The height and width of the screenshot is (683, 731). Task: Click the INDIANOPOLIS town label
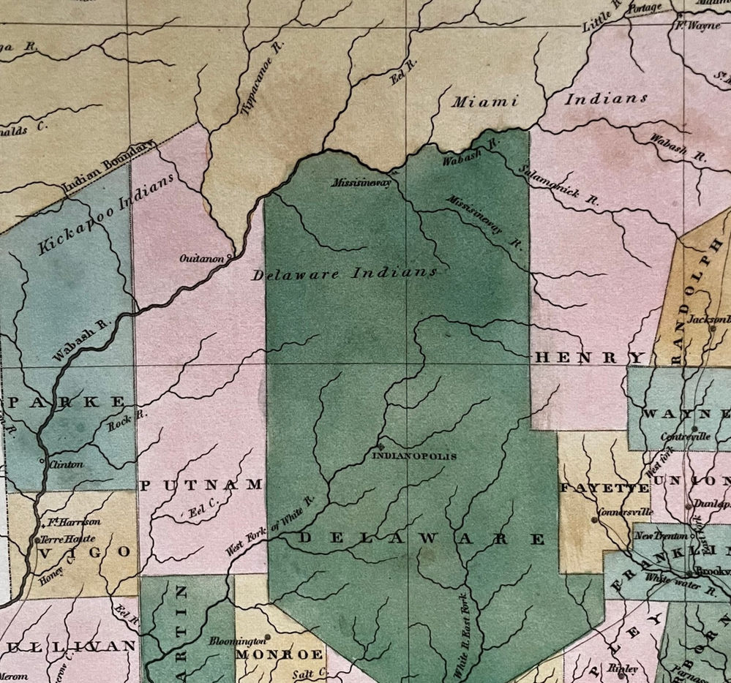[414, 456]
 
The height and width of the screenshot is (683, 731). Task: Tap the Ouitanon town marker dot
[230, 257]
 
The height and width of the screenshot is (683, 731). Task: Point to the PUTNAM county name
[200, 485]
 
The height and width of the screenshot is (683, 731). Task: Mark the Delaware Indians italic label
[345, 274]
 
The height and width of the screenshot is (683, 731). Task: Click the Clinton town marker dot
[40, 461]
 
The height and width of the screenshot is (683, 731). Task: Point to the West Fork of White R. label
[269, 525]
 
